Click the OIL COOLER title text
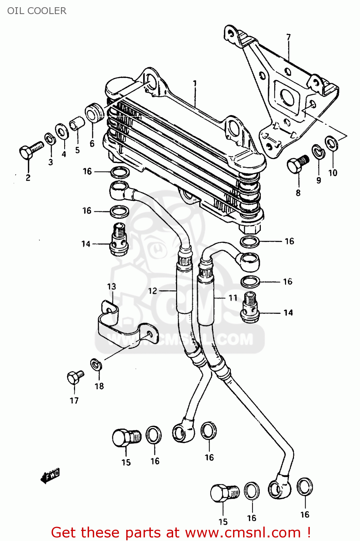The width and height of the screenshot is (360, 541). point(37,11)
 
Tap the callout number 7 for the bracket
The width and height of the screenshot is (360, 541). point(288,37)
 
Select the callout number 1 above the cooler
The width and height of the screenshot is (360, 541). point(195,84)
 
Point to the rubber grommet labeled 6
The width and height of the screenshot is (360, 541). point(95,113)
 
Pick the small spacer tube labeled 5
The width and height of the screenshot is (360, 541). point(77,123)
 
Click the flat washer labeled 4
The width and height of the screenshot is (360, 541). point(62,131)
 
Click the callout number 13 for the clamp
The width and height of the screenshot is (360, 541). point(111,286)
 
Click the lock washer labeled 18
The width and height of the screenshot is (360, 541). point(96,365)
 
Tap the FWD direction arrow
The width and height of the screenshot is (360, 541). point(50,476)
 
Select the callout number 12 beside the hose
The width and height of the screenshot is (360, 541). point(153,291)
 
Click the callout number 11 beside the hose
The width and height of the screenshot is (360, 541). point(233,298)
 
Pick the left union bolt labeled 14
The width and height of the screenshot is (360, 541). point(119,239)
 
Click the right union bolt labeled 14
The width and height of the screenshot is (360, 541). point(250,308)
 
